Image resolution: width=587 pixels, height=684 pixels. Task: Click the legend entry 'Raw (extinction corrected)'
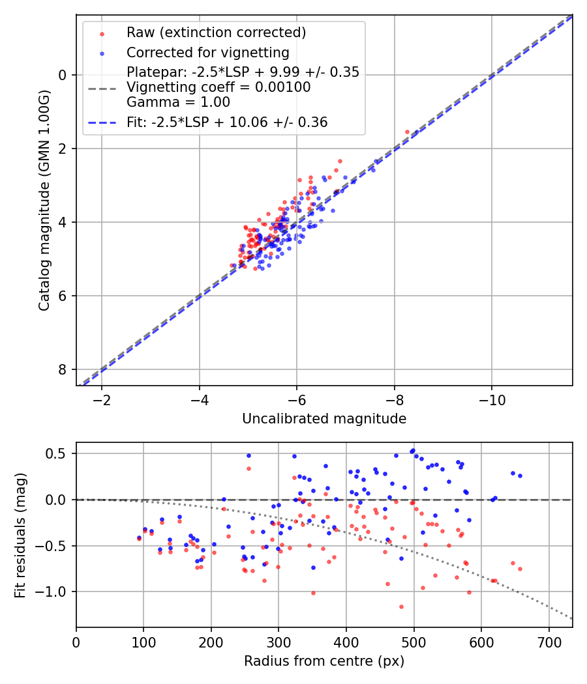coord(216,33)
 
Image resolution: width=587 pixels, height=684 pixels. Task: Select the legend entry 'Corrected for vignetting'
coord(207,53)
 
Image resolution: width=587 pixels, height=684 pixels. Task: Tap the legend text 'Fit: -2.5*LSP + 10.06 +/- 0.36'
coord(227,122)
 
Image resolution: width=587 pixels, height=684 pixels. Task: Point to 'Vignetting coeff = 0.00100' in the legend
coord(218,87)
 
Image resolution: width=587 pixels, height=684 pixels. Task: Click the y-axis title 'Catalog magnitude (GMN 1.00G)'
coord(44,200)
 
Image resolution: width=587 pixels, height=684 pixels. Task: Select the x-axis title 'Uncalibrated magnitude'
coord(324,419)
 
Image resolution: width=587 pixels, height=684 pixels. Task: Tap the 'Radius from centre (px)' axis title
coord(324,661)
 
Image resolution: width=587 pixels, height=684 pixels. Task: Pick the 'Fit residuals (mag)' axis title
coord(20,535)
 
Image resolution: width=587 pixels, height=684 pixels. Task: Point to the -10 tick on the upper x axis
coord(492,399)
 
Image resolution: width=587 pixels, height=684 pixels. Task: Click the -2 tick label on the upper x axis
coord(101,399)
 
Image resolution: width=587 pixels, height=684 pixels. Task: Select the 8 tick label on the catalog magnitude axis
coord(63,369)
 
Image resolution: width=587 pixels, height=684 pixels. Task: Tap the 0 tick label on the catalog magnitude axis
coord(63,75)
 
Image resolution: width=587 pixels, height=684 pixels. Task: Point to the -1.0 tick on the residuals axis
coord(55,591)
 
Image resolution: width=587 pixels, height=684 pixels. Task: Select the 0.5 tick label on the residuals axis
coord(57,453)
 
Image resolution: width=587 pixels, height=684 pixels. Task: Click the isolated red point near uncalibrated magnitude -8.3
coord(408,132)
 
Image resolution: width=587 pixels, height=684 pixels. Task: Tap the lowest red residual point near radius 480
coord(401,606)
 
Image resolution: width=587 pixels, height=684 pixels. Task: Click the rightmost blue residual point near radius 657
coord(520,476)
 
